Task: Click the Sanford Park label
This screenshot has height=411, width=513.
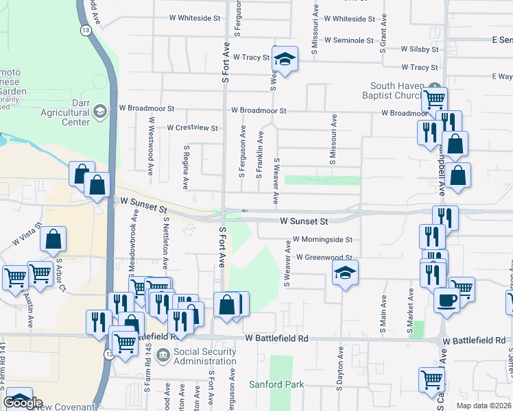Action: (276, 384)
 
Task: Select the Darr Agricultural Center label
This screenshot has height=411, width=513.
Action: (66, 117)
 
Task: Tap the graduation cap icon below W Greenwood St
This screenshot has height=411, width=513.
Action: (345, 275)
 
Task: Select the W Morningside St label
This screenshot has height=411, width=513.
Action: (322, 240)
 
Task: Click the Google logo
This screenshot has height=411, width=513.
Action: (23, 403)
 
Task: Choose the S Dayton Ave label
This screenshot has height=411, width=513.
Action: (339, 367)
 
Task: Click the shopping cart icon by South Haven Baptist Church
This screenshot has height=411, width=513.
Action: (434, 99)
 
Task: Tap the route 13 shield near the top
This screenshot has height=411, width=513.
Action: (85, 31)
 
